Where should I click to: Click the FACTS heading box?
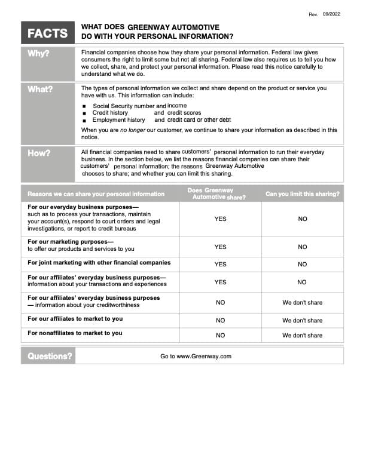pyautogui.click(x=48, y=33)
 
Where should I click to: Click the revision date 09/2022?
pyautogui.click(x=331, y=14)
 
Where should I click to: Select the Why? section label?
pyautogui.click(x=39, y=54)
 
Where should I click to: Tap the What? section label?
pyautogui.click(x=40, y=90)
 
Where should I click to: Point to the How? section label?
pyautogui.click(x=39, y=153)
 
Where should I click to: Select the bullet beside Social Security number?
pyautogui.click(x=86, y=106)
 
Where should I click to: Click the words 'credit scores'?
pyautogui.click(x=184, y=113)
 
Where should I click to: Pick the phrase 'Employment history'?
pyautogui.click(x=118, y=120)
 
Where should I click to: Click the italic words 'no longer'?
pyautogui.click(x=132, y=130)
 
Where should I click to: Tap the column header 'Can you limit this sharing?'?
pyautogui.click(x=303, y=194)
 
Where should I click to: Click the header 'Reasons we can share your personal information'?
pyautogui.click(x=96, y=194)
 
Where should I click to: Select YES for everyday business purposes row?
pyautogui.click(x=220, y=219)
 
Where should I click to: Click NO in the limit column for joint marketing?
pyautogui.click(x=302, y=264)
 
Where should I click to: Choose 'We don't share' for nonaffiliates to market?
pyautogui.click(x=302, y=336)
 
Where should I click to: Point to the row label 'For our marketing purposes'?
pyautogui.click(x=71, y=241)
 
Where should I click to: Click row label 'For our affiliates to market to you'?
pyautogui.click(x=75, y=319)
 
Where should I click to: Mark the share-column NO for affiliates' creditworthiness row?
pyautogui.click(x=220, y=303)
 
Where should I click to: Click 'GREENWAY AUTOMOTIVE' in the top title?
pyautogui.click(x=173, y=27)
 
